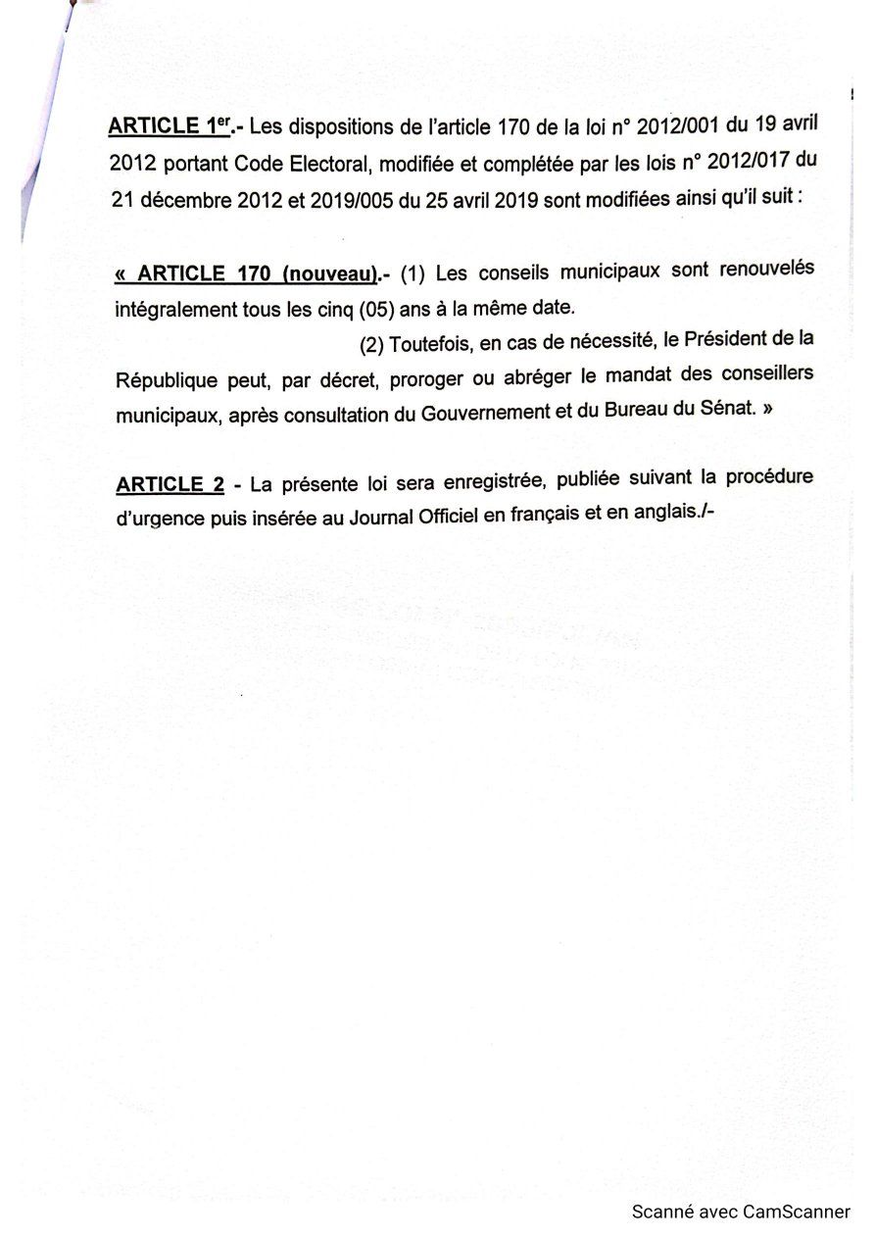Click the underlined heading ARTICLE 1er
click(x=164, y=126)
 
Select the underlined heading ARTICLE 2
click(x=169, y=484)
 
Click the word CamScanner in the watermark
click(x=796, y=1212)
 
